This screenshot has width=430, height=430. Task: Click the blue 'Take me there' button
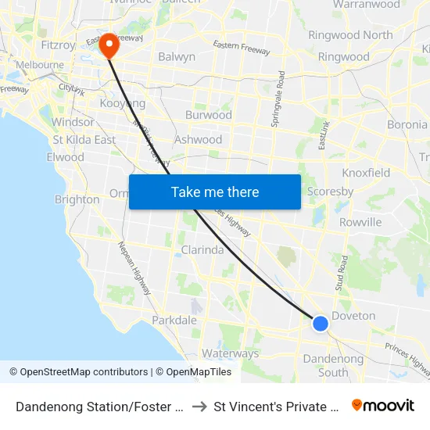point(215,192)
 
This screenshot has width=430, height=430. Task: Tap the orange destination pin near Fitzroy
point(108,45)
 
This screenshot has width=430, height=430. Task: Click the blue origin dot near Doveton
point(320,323)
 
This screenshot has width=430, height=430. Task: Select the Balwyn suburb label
point(177,57)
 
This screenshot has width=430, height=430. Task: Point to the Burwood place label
point(208,115)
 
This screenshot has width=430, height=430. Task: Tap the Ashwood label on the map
point(199,140)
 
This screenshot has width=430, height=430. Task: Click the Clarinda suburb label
point(202,250)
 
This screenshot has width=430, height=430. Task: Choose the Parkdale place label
point(174,321)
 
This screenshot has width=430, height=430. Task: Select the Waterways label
point(230,353)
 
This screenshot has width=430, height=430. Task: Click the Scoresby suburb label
point(330,192)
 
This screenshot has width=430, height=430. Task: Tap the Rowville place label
point(360,222)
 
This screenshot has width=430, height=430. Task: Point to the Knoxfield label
point(366,173)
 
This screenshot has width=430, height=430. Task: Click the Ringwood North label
point(350,35)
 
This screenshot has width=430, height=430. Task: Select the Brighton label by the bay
point(77,199)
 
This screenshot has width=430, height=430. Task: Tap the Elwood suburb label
point(65,157)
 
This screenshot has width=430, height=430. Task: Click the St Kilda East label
point(84,140)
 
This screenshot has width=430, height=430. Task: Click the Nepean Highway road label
point(134,268)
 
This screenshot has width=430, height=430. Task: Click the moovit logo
point(383,405)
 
